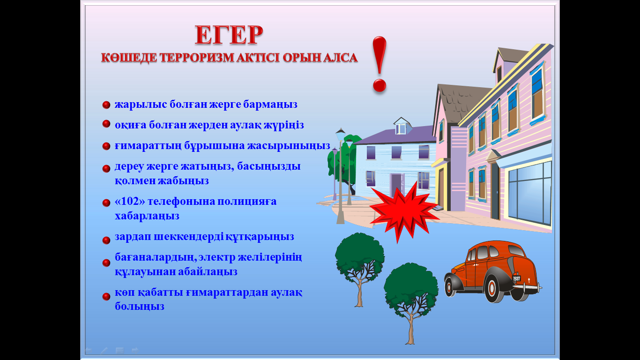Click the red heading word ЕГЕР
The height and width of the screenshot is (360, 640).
click(229, 35)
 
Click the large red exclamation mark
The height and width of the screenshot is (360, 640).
click(380, 64)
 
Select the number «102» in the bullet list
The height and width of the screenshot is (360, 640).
click(130, 201)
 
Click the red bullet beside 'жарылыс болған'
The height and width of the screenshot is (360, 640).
click(106, 105)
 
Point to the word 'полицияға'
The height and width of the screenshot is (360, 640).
click(247, 202)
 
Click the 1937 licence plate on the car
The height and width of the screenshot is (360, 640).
click(516, 278)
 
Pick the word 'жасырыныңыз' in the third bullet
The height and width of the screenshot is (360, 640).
click(289, 146)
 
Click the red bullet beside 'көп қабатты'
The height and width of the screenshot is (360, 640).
click(106, 296)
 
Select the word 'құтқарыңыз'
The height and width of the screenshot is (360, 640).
click(260, 237)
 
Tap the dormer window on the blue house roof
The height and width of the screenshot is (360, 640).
click(401, 128)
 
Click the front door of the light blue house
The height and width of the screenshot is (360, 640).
click(396, 185)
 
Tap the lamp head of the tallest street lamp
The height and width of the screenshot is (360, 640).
click(341, 135)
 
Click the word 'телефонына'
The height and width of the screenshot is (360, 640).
click(181, 201)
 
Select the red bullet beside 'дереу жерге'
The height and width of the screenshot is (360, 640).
click(106, 168)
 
